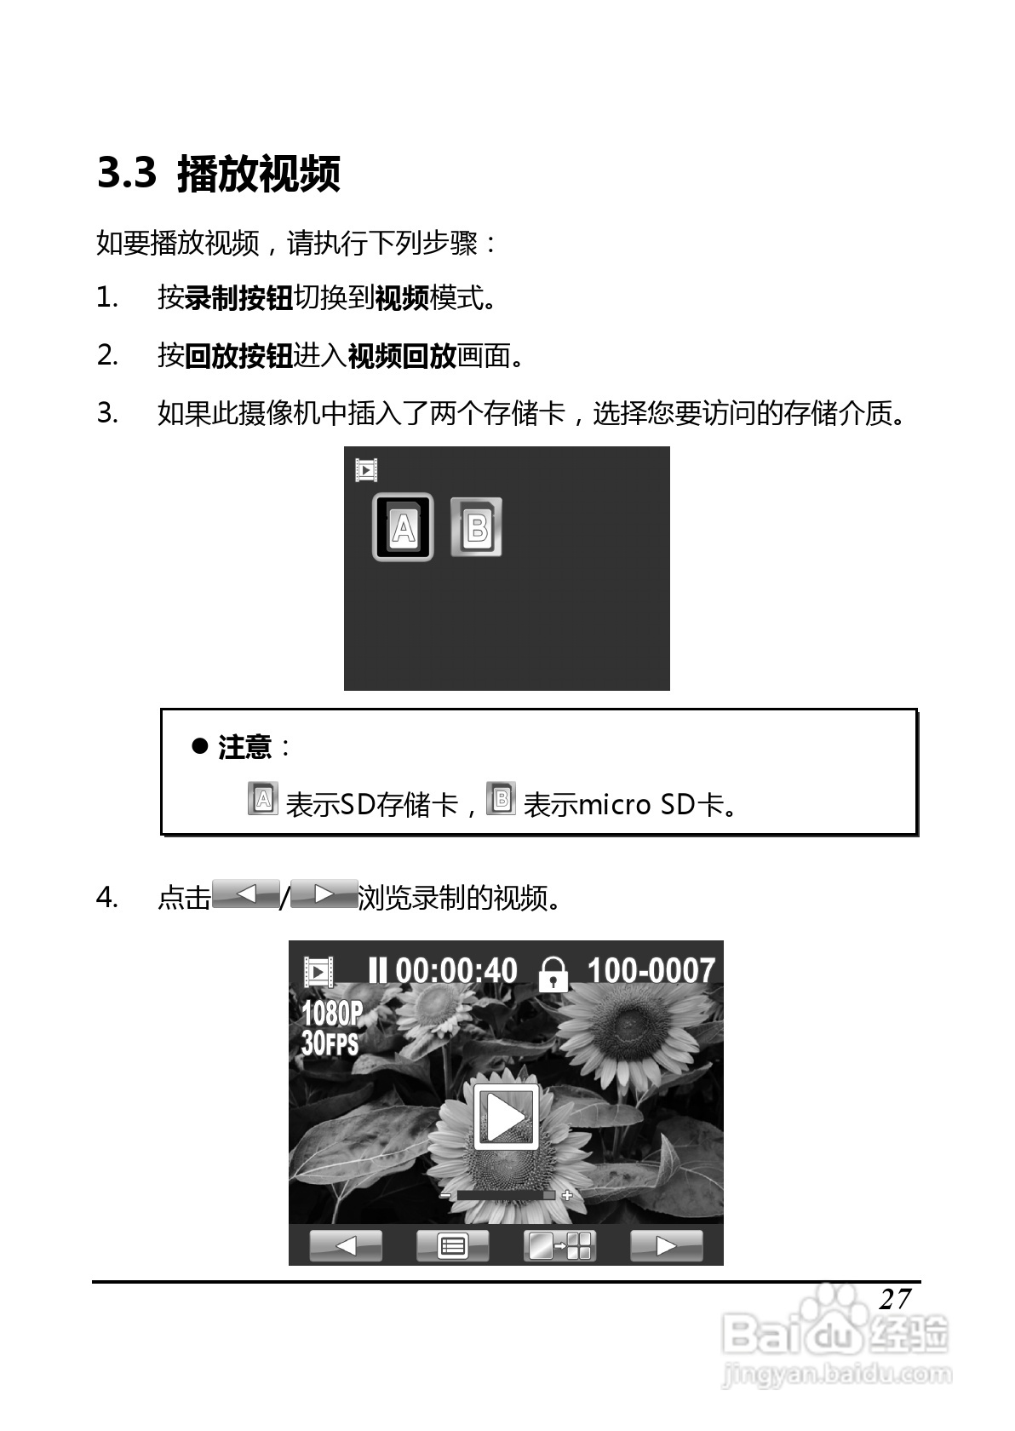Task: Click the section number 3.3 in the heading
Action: coord(128,173)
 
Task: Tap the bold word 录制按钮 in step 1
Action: coord(238,299)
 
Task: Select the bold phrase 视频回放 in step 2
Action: coord(402,356)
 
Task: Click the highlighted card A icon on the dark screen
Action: coord(403,527)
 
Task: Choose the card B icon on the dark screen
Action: coord(477,527)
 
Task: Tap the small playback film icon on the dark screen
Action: coord(366,469)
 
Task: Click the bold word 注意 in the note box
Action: coord(244,747)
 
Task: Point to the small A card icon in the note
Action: coord(262,798)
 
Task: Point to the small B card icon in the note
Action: coord(501,798)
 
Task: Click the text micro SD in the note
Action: coord(635,804)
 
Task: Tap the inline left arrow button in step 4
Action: coord(246,894)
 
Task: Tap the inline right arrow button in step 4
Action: coord(324,894)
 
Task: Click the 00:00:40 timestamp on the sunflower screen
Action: coord(456,970)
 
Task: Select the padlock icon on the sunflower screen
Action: coord(553,973)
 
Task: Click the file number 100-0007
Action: coord(651,970)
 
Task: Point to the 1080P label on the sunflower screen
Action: coord(332,1013)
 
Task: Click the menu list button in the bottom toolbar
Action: coord(452,1246)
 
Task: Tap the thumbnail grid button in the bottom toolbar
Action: coord(559,1246)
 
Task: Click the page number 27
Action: coord(895,1299)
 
